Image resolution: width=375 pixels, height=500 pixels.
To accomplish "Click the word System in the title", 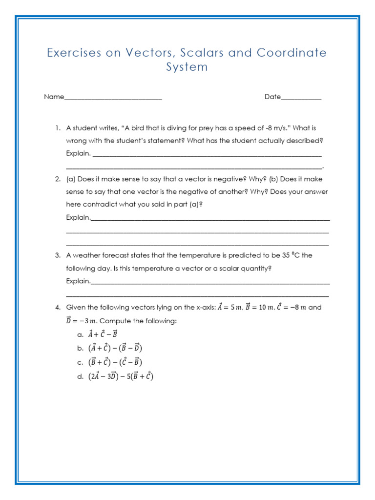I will pos(187,67).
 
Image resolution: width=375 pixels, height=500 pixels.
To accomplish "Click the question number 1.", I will pos(57,128).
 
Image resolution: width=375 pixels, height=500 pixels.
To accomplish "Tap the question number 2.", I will pos(57,179).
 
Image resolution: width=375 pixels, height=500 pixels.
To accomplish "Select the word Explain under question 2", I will pos(78,217).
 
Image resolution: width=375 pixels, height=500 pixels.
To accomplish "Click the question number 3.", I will pos(57,255).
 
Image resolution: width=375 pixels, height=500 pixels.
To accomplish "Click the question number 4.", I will pos(57,308).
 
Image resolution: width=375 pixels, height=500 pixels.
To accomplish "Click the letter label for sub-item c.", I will pos(81,362).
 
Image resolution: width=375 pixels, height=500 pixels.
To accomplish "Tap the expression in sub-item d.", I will pos(121,376).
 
